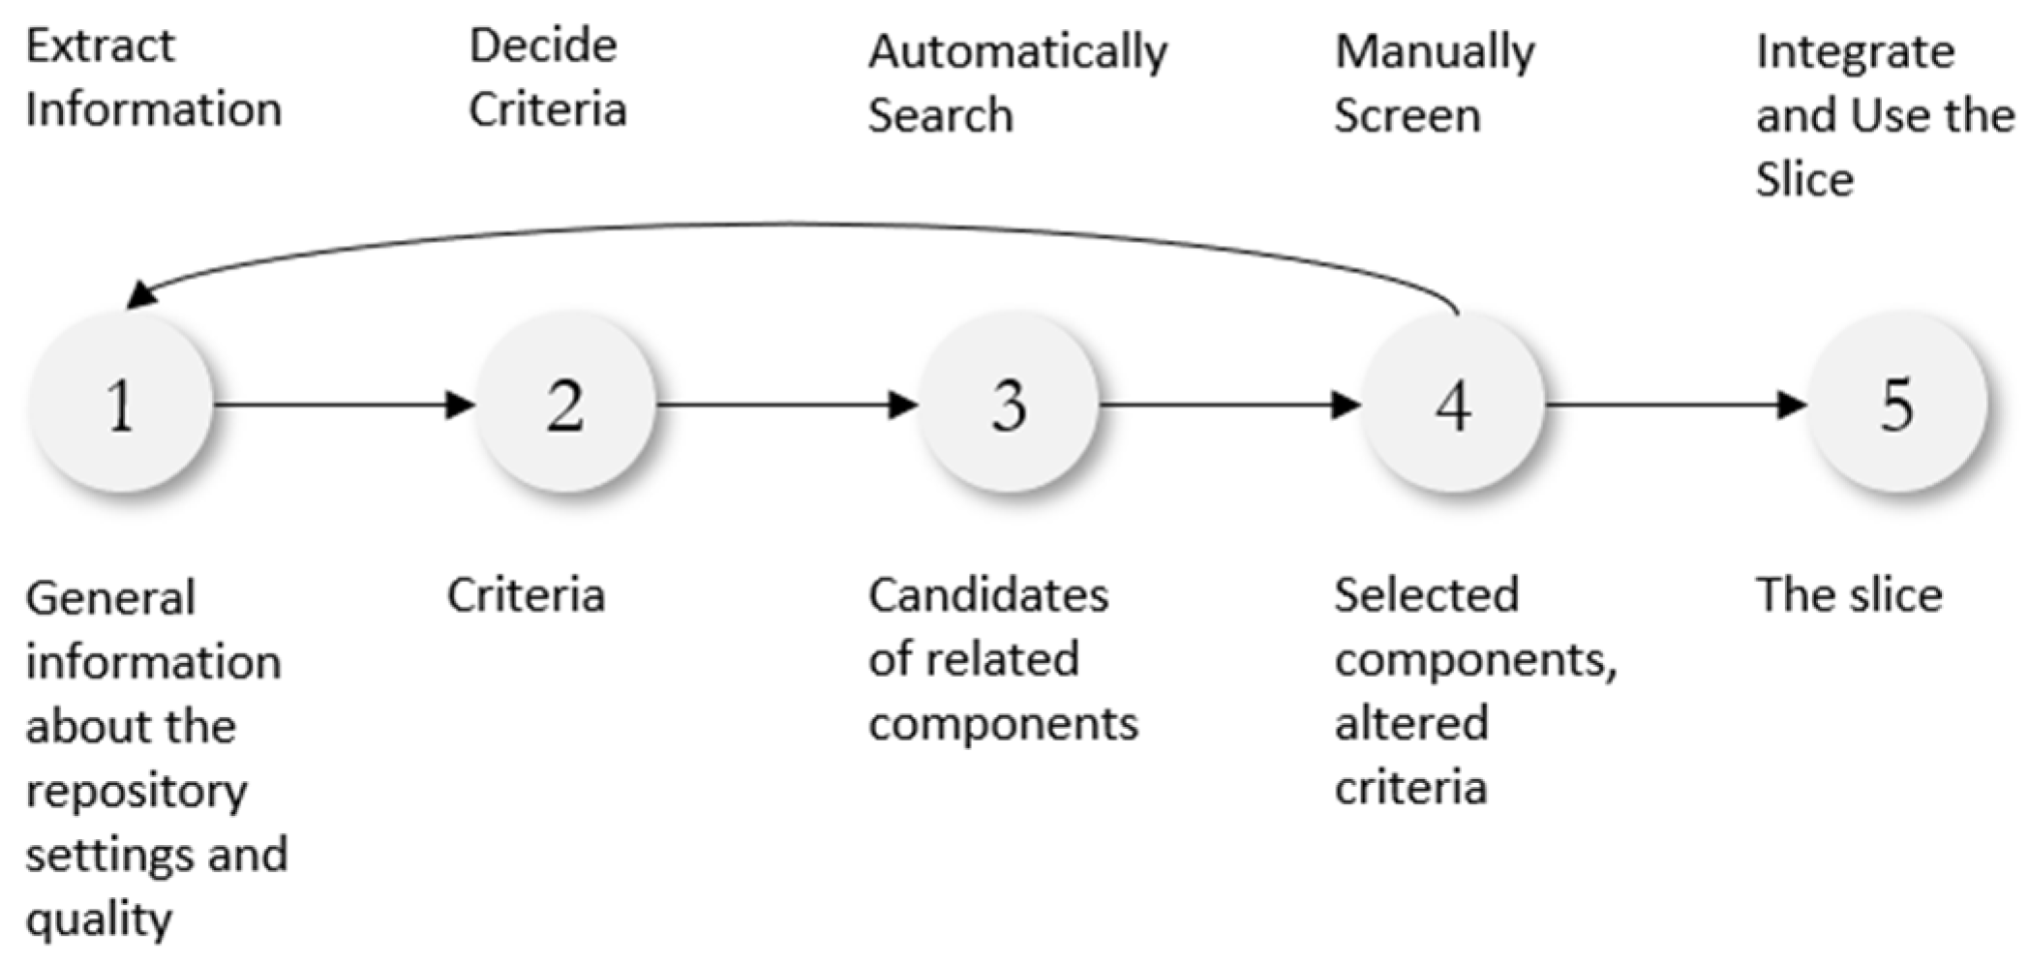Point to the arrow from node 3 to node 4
(x=1229, y=404)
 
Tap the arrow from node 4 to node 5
(x=1675, y=404)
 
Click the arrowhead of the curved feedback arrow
(x=141, y=294)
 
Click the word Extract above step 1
(x=100, y=46)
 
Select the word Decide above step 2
(x=543, y=46)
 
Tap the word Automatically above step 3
(x=1017, y=52)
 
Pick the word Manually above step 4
(x=1435, y=52)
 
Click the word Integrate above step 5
(x=1855, y=52)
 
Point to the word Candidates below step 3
(x=987, y=595)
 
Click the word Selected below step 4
(x=1426, y=595)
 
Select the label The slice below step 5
(x=1849, y=595)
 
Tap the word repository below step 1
(x=136, y=792)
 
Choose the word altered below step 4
(x=1411, y=724)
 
